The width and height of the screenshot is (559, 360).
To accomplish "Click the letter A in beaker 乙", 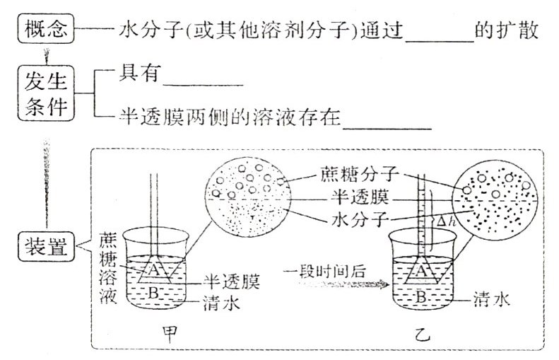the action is pyautogui.click(x=419, y=269).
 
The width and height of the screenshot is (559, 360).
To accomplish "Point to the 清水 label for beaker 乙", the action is pyautogui.click(x=492, y=299).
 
